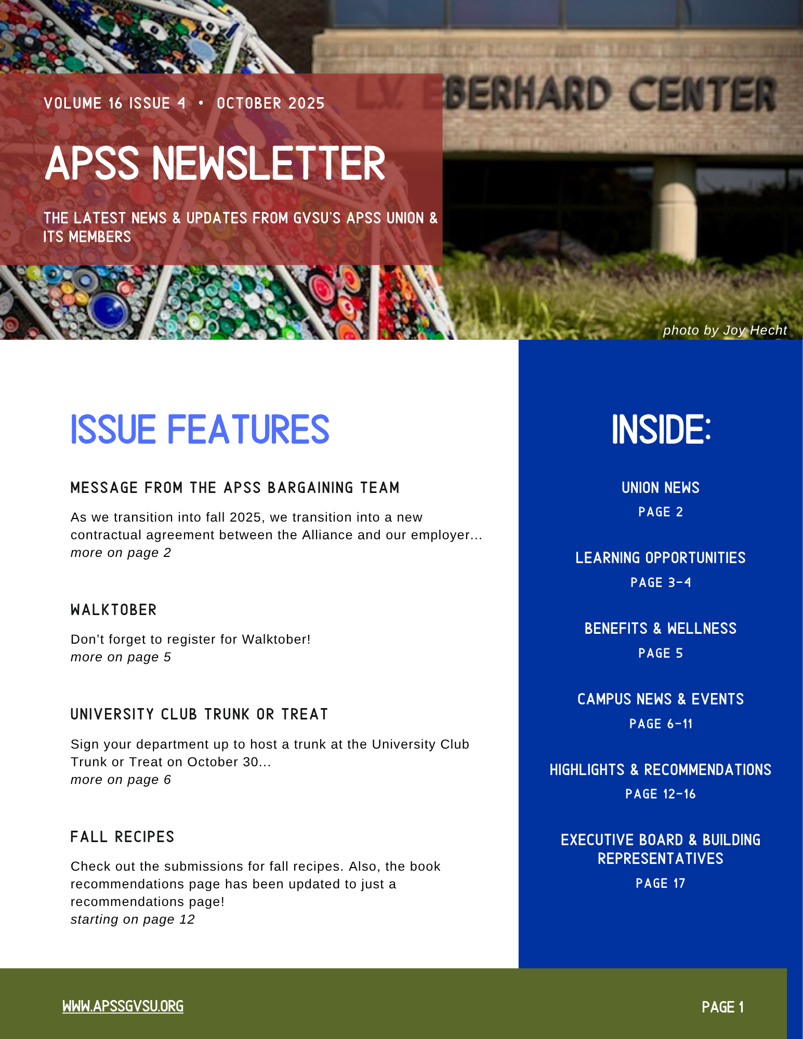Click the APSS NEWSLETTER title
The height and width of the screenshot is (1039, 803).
[215, 164]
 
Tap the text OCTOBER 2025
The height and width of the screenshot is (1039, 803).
[270, 103]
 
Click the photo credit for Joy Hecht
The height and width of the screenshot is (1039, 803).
[725, 330]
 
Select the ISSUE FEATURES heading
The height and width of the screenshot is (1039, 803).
[200, 430]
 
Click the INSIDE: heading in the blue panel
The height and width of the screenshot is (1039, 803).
[661, 430]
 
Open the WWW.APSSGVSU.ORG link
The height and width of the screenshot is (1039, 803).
[123, 1006]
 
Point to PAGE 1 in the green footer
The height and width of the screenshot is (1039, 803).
[722, 1007]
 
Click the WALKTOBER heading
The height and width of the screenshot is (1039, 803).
[113, 610]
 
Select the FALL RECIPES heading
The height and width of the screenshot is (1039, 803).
[122, 837]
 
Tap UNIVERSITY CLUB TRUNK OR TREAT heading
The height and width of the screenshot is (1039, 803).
[199, 714]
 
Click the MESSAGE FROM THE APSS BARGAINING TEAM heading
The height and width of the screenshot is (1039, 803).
[235, 488]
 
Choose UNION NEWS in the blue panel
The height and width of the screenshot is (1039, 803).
[660, 488]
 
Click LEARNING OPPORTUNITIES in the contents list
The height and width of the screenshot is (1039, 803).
[660, 558]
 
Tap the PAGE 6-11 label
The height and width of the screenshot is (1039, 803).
[661, 724]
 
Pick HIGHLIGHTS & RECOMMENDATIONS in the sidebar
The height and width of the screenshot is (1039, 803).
[660, 770]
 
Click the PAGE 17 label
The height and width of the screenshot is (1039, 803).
[660, 883]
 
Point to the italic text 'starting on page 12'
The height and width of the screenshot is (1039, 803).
[133, 920]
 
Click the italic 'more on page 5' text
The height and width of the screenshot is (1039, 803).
[121, 657]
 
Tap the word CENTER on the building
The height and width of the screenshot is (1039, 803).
[702, 94]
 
